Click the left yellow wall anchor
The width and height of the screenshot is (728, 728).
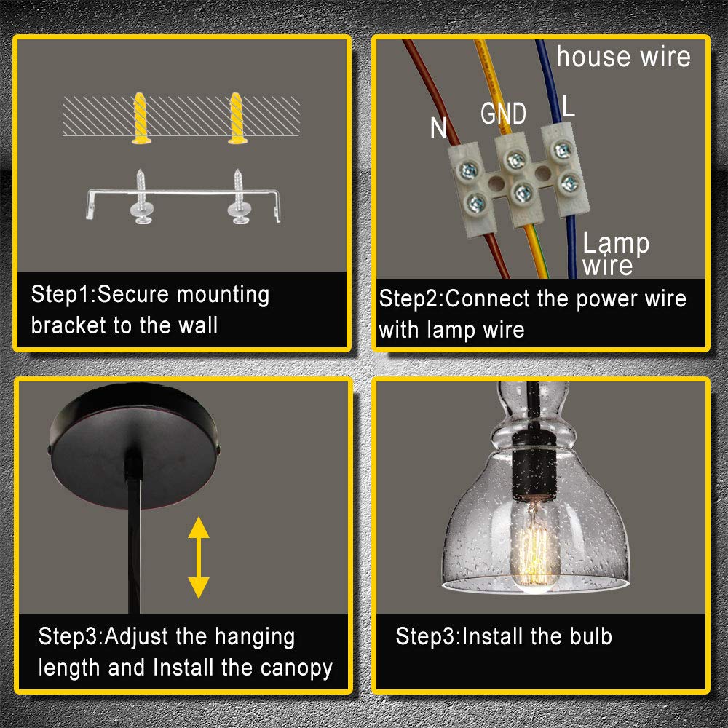pos(141,119)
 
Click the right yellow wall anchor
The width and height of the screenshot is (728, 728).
pos(237,119)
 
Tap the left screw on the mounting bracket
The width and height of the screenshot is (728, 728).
pos(141,197)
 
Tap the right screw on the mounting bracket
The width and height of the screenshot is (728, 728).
pos(239,197)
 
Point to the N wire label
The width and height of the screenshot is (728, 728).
pos(438,127)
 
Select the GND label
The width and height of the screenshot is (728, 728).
pos(503,114)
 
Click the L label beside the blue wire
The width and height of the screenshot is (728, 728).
pos(569,106)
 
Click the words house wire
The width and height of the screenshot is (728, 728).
pos(624,57)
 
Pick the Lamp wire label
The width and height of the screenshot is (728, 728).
pos(615,253)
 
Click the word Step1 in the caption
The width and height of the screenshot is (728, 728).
pos(60,294)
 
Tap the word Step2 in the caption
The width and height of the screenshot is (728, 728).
pos(408,298)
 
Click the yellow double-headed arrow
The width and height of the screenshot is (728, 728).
pos(199,557)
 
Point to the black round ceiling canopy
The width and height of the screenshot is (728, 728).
pos(134,446)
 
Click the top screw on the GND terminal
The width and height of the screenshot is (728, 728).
pos(515,161)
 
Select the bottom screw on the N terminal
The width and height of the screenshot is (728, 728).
pos(476,203)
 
